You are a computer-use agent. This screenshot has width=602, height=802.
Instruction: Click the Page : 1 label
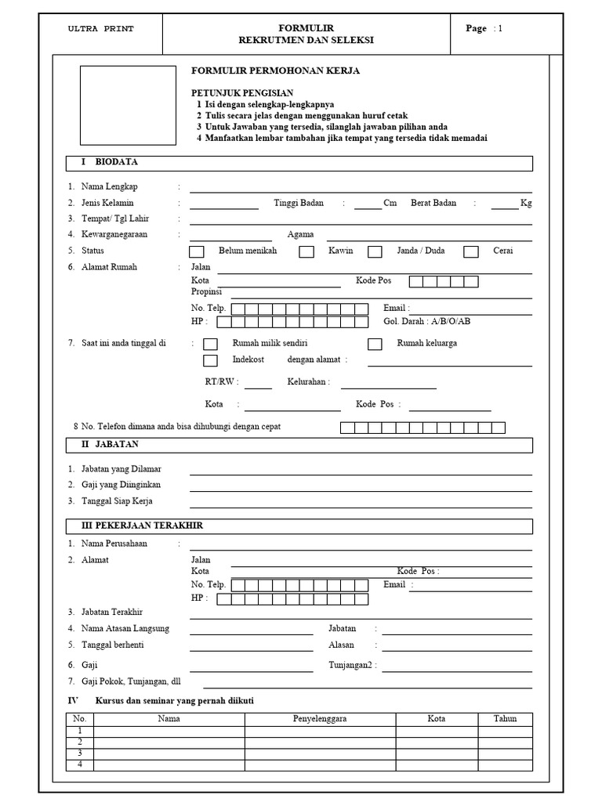[x=484, y=29]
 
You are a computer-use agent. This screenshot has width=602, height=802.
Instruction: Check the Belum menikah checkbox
[x=197, y=251]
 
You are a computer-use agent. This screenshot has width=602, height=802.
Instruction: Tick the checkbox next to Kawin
[x=306, y=251]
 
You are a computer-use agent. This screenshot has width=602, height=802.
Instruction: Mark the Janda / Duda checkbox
[x=375, y=251]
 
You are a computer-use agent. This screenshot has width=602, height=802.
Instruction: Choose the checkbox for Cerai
[x=471, y=251]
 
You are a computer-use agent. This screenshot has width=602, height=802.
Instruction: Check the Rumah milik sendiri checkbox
[x=210, y=344]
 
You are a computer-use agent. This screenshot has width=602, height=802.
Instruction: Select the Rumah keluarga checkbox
[x=375, y=344]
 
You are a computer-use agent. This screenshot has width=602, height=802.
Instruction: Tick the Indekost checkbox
[x=210, y=360]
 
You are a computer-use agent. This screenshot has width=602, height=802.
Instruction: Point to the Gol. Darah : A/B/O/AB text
[x=426, y=322]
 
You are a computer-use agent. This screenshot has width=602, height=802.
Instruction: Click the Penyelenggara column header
[x=320, y=718]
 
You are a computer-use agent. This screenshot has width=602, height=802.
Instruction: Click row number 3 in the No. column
[x=79, y=753]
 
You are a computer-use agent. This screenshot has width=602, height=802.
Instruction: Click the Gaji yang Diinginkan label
[x=121, y=485]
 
